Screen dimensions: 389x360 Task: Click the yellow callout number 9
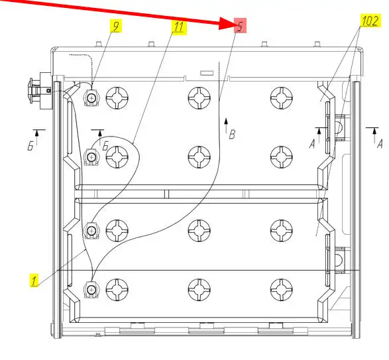point(116,27)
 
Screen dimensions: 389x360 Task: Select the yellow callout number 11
point(179,27)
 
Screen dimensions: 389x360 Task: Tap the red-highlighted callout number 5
point(240,26)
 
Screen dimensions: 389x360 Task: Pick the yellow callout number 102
point(370,21)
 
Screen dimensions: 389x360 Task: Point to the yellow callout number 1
point(34,280)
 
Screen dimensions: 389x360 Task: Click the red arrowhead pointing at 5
point(226,24)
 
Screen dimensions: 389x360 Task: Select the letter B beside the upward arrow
point(232,135)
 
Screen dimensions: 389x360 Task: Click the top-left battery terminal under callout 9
point(92,98)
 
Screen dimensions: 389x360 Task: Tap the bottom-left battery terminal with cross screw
point(92,290)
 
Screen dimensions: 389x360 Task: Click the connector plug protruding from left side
point(40,91)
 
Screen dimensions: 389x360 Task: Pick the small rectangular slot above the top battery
point(207,73)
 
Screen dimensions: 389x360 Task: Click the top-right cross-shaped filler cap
point(282,98)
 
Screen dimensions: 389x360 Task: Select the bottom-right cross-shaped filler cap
point(282,290)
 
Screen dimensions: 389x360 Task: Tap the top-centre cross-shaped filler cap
point(199,98)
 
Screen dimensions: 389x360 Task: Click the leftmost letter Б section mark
point(30,147)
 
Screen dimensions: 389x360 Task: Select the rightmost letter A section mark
point(380,144)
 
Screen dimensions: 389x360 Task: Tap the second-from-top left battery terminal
point(92,157)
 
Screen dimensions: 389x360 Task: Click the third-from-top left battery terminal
point(92,231)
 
